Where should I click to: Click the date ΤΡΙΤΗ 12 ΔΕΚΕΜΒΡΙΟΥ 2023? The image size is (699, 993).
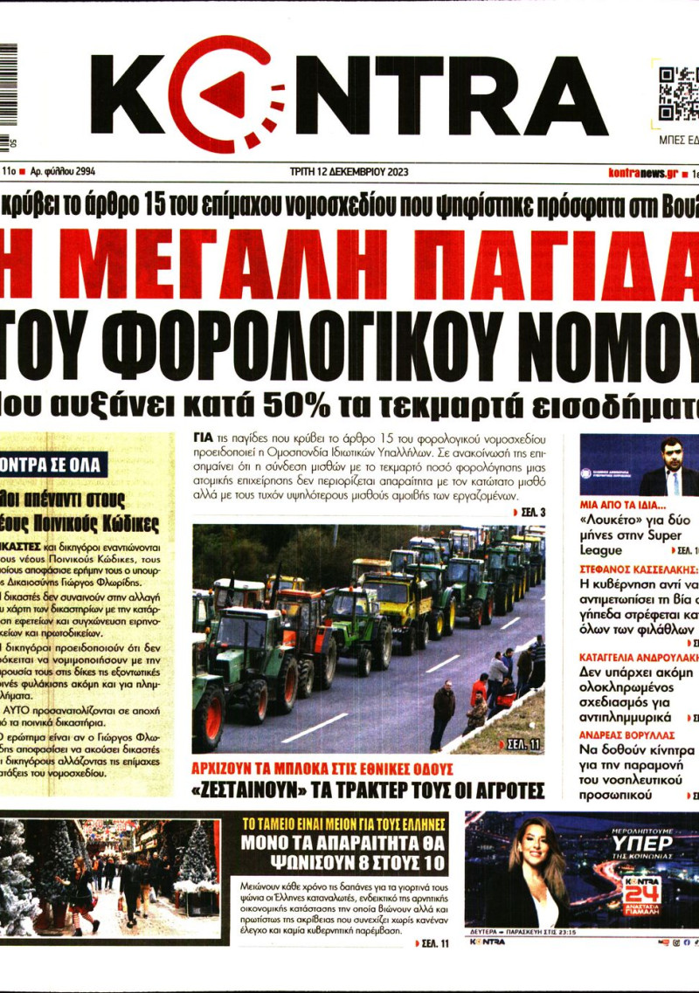click(349, 173)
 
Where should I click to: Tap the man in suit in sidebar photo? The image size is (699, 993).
click(671, 470)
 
